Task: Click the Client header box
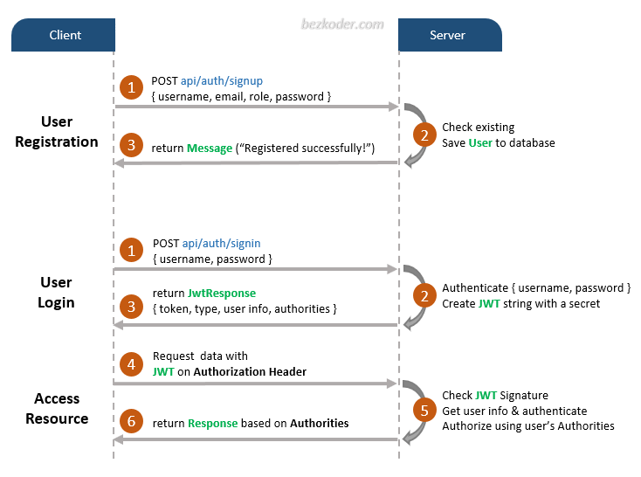coord(64,35)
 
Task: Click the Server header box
coord(449,35)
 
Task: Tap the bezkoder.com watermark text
coord(341,24)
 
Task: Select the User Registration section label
coord(57,132)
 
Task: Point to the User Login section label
coord(57,293)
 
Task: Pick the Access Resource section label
coord(57,409)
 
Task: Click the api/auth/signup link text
coord(223,80)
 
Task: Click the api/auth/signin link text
coord(222,243)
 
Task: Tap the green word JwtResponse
coord(222,293)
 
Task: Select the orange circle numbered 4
coord(132,363)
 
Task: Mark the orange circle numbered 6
coord(132,423)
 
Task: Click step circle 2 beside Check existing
coord(424,135)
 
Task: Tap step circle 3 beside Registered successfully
coord(132,146)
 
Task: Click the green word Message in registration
coord(210,149)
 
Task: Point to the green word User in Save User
coord(480,142)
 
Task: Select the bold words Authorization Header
coord(250,371)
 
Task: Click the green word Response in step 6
coord(212,423)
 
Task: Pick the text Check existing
coord(478,128)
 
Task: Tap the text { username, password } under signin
coord(212,259)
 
